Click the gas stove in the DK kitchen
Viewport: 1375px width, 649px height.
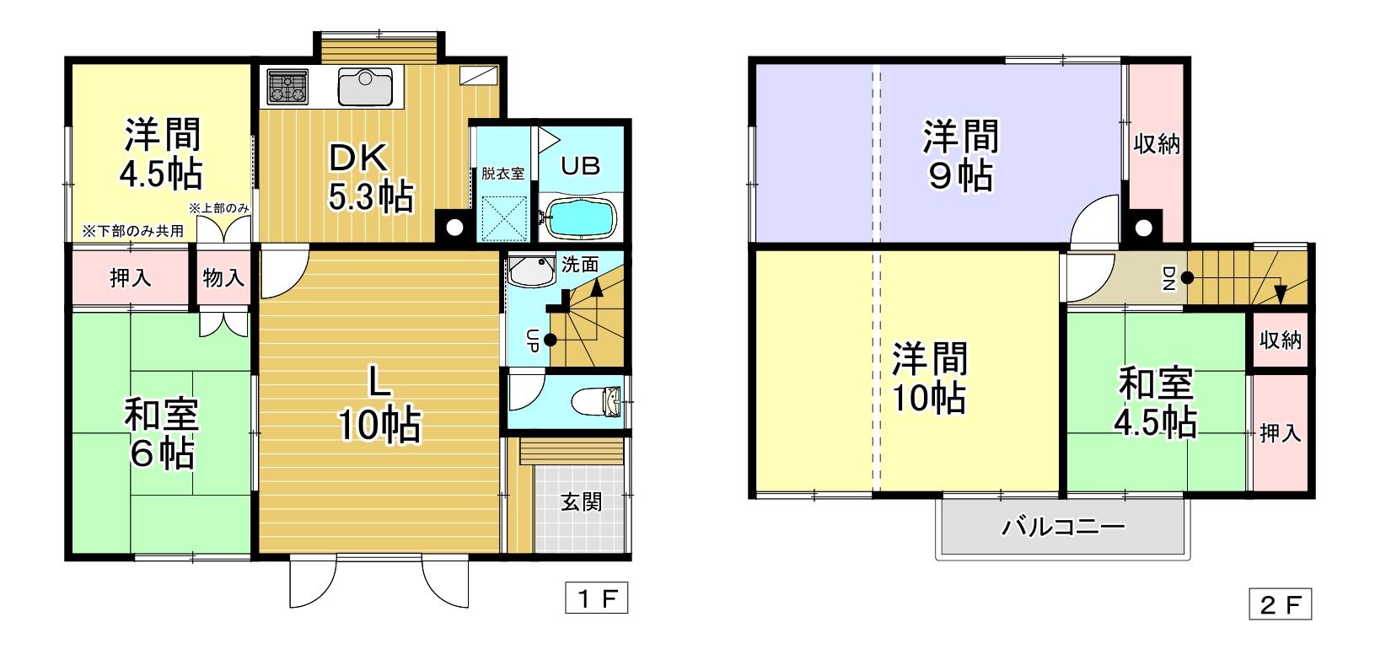(288, 86)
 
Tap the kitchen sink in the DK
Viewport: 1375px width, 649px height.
(366, 86)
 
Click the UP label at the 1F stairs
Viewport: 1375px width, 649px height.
(533, 340)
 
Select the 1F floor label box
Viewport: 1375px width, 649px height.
(597, 600)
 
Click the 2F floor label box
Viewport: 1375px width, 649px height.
(1280, 605)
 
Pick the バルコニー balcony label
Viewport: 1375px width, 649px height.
(1063, 528)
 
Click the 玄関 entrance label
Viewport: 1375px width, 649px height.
(582, 503)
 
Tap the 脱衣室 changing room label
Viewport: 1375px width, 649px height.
(503, 174)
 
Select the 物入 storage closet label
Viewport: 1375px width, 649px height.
(223, 278)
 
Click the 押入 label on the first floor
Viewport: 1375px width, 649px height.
(131, 278)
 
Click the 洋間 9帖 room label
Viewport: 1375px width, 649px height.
(960, 155)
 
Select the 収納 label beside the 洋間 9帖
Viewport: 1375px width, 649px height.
(1157, 144)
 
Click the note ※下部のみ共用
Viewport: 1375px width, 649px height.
(132, 231)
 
